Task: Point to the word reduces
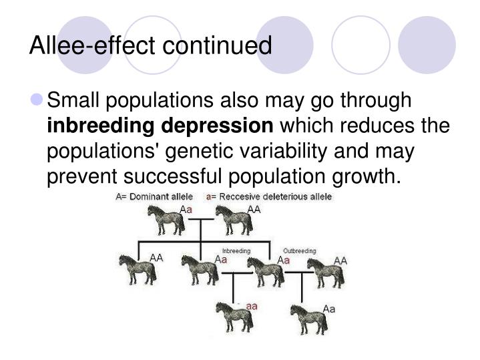(x=371, y=125)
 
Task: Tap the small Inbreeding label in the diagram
(x=237, y=251)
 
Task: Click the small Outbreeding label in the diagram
(x=299, y=251)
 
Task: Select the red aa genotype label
(x=252, y=306)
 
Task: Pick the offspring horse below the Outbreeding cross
(x=308, y=319)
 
